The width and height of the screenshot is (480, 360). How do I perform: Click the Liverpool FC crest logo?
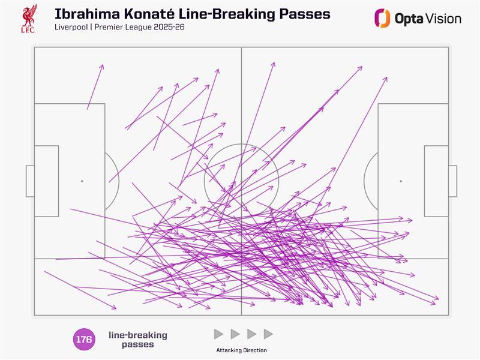29,19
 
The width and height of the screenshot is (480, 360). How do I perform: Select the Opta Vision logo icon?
382,19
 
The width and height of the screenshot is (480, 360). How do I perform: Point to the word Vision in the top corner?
443,19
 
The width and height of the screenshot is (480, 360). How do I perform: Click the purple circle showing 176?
84,339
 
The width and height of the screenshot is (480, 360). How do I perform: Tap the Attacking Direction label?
242,350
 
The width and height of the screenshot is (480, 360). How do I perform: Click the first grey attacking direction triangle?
218,334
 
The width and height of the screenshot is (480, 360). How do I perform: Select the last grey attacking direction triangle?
268,334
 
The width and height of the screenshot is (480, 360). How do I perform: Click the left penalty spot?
82,181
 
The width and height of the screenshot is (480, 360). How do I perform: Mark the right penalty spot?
401,181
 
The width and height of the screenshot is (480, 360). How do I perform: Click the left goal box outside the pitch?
30,181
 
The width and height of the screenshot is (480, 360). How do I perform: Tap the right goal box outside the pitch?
453,181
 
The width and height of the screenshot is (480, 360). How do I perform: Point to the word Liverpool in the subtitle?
71,27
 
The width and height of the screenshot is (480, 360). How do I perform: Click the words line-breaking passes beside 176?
138,340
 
